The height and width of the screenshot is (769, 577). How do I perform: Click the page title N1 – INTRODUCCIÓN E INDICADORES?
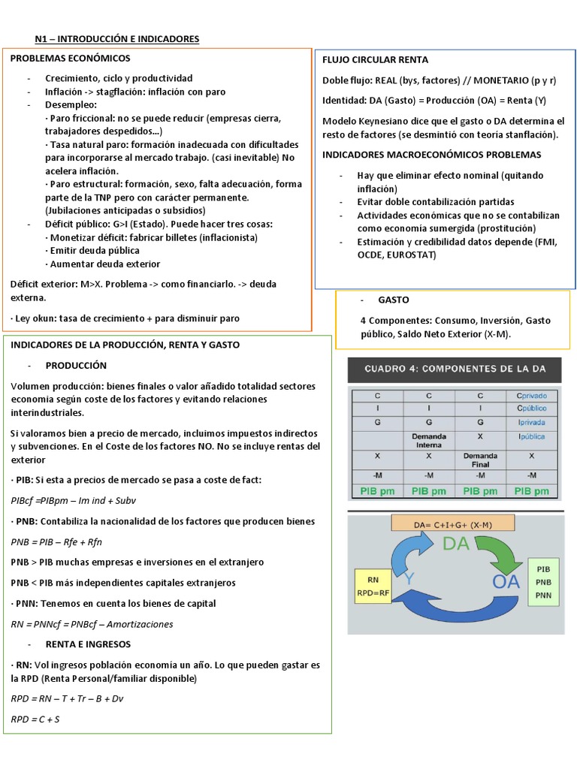(x=117, y=39)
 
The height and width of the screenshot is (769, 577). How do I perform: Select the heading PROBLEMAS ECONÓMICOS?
(x=70, y=59)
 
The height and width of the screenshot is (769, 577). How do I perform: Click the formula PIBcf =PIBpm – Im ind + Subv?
(x=74, y=500)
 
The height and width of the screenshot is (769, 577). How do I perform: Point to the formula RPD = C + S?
(x=35, y=719)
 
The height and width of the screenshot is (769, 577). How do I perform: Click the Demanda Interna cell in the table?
(x=429, y=439)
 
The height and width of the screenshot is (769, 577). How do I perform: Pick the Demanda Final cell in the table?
(x=480, y=459)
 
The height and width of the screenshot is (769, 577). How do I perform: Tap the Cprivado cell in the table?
(x=532, y=395)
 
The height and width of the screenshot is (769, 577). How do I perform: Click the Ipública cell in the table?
(x=532, y=436)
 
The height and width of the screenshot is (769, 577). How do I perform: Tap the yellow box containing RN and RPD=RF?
(x=373, y=586)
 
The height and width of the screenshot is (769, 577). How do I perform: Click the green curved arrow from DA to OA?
(x=498, y=550)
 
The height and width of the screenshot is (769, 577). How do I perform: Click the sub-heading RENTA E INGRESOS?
(x=88, y=644)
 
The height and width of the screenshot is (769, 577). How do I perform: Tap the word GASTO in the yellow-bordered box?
(x=393, y=300)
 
